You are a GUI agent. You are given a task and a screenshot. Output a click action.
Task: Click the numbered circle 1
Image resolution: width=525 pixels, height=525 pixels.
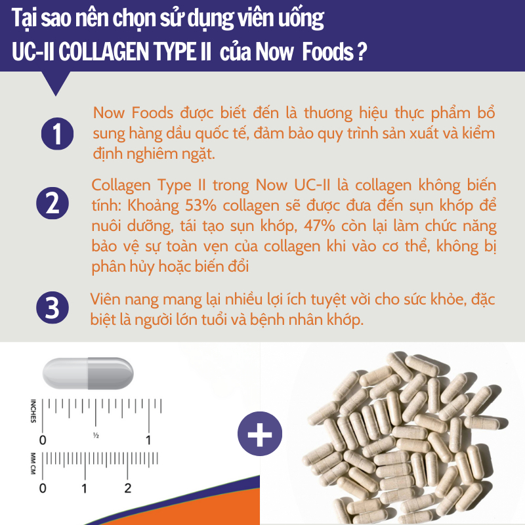[57, 134]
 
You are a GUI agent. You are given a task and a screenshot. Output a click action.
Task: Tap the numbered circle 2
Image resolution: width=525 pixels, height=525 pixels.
[52, 203]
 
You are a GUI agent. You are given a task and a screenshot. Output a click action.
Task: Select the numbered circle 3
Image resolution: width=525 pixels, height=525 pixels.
[52, 308]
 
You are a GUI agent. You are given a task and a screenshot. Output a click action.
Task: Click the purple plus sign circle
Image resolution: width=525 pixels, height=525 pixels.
[260, 434]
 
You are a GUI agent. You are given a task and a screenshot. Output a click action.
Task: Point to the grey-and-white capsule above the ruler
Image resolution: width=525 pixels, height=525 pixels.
[88, 373]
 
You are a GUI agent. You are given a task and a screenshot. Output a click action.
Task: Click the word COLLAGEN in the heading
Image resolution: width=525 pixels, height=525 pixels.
[103, 52]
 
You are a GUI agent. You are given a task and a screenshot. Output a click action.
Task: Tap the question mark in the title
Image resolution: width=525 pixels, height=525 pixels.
[362, 52]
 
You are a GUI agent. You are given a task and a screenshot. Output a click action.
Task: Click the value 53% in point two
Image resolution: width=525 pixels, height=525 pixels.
[201, 205]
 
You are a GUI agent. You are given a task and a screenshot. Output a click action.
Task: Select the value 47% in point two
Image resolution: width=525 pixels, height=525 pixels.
[320, 226]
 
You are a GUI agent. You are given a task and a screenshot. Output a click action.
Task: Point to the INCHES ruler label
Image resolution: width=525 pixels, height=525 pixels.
[33, 411]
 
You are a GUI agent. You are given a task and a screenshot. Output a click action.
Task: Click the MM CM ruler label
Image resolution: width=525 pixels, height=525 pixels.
[33, 463]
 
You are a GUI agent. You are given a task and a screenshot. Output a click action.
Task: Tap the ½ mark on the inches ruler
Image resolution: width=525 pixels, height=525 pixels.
[96, 435]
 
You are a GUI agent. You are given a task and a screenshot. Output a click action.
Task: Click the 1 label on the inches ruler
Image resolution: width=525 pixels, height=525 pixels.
[148, 440]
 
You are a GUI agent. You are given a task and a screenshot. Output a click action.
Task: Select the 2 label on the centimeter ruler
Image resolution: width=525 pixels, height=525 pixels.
[127, 488]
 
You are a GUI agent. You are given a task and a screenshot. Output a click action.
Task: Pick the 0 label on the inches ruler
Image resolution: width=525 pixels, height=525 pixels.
[43, 440]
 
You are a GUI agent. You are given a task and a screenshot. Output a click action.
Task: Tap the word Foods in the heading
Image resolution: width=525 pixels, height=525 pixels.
[327, 52]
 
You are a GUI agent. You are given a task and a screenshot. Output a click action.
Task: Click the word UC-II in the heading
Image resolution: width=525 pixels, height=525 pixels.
[33, 52]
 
